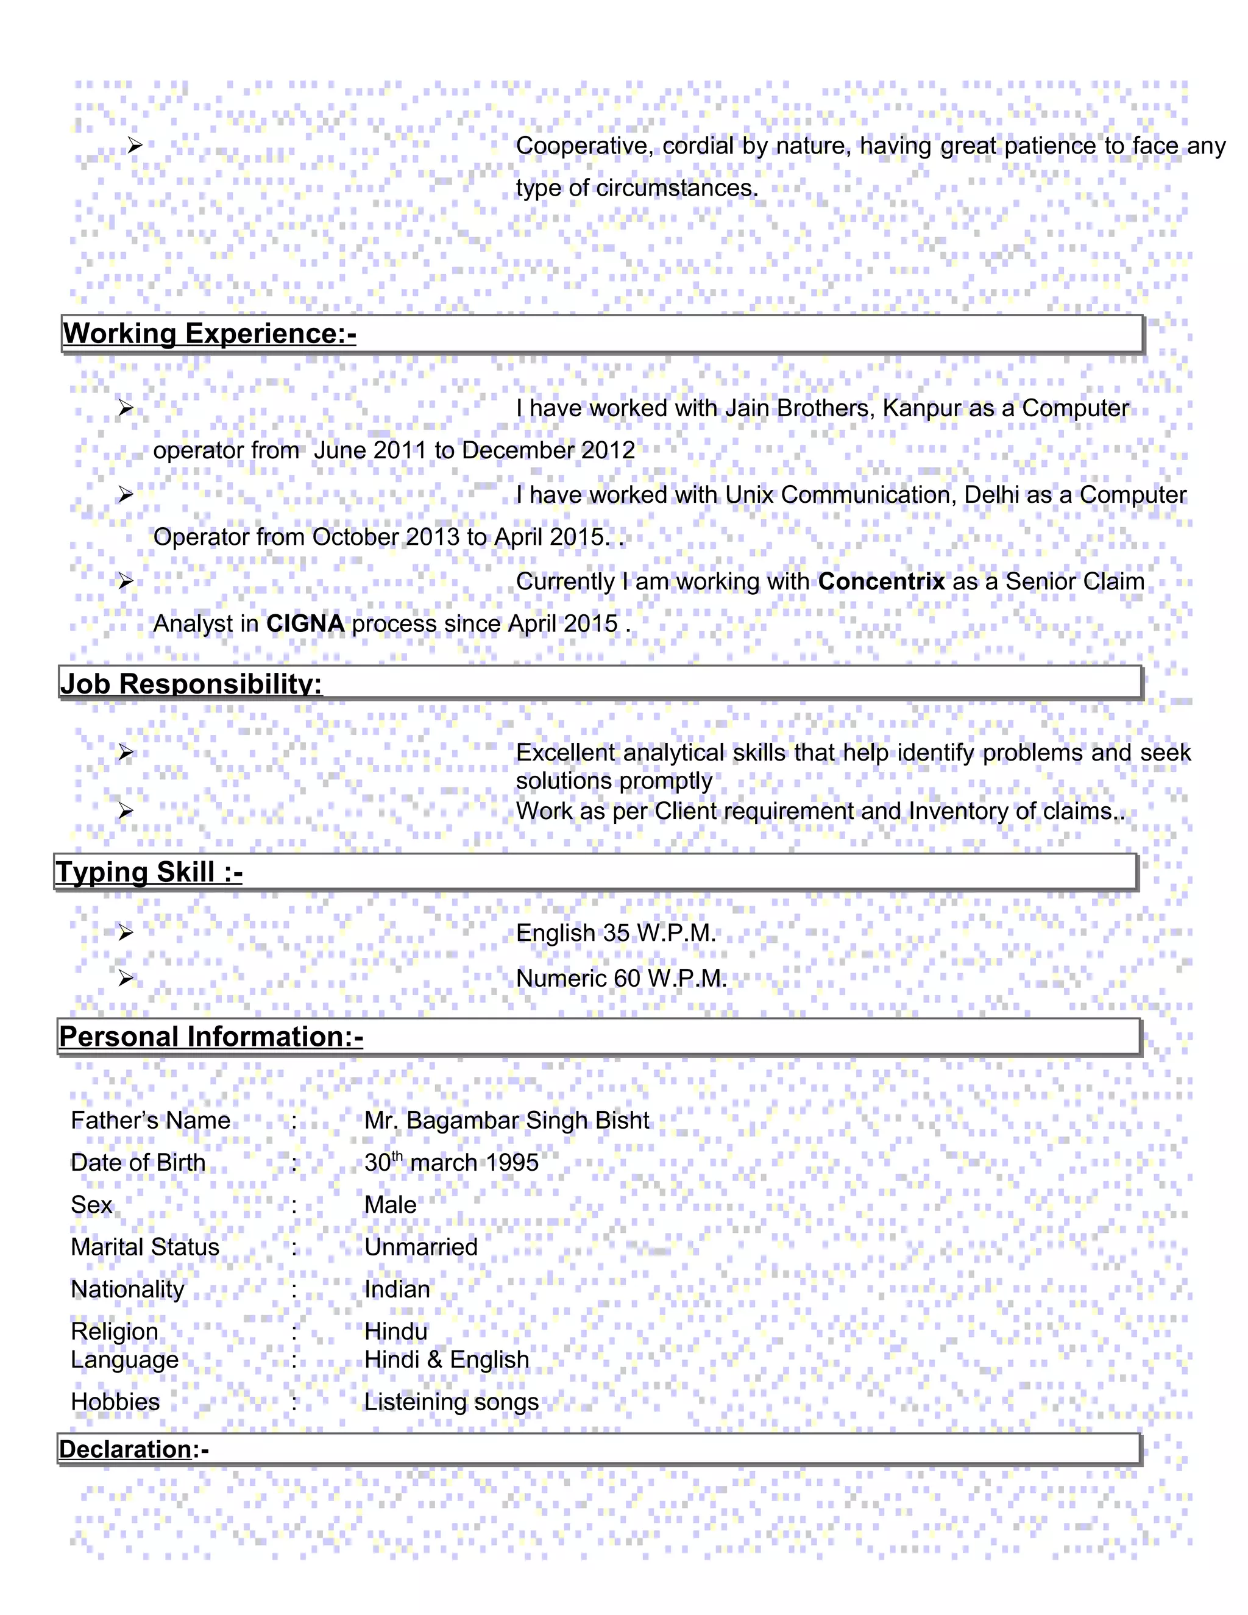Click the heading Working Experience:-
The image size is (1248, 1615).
(209, 333)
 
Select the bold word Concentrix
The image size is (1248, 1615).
(881, 581)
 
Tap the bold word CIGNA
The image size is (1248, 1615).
(305, 623)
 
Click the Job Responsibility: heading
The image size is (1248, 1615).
(191, 683)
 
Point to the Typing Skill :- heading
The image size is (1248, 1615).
(149, 872)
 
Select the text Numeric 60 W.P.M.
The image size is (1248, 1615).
(621, 978)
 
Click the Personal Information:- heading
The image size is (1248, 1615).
(211, 1037)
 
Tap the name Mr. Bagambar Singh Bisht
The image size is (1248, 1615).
(506, 1120)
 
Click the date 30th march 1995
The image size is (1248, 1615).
(451, 1162)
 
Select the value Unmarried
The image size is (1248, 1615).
(420, 1247)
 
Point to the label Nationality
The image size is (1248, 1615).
(127, 1289)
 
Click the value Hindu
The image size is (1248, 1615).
(395, 1331)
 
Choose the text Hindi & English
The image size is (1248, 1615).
(447, 1359)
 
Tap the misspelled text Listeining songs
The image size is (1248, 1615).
(451, 1401)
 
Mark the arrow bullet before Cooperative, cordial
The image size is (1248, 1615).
(134, 146)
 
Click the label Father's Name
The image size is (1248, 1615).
(150, 1120)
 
